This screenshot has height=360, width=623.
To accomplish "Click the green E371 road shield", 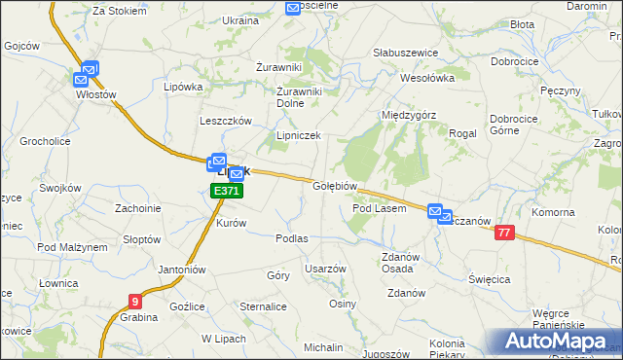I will (x=226, y=192).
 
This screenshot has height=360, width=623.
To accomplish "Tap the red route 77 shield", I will (x=503, y=233).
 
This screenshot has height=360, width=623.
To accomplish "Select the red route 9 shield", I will (x=133, y=302).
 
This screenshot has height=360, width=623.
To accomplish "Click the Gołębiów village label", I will (x=337, y=186).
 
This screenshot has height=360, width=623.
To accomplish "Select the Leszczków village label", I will (x=226, y=121).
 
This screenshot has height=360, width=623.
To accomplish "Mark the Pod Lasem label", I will (x=379, y=208).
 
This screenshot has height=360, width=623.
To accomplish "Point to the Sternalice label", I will (x=263, y=306).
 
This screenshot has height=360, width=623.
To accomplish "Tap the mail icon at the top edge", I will (x=293, y=8).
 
